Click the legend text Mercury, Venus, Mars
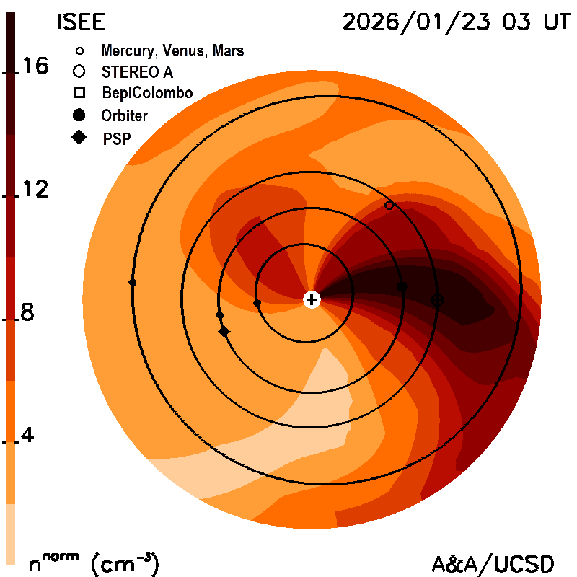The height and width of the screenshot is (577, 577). click(172, 51)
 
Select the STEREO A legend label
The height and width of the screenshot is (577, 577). click(138, 72)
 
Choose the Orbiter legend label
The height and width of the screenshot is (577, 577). click(125, 115)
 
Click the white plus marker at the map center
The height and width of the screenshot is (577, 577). click(312, 299)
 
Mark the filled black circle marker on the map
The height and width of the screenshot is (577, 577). click(402, 287)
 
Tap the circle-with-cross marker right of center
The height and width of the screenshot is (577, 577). click(437, 299)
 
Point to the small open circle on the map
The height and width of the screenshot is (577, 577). click(389, 206)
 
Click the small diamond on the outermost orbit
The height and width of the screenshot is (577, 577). click(132, 283)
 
